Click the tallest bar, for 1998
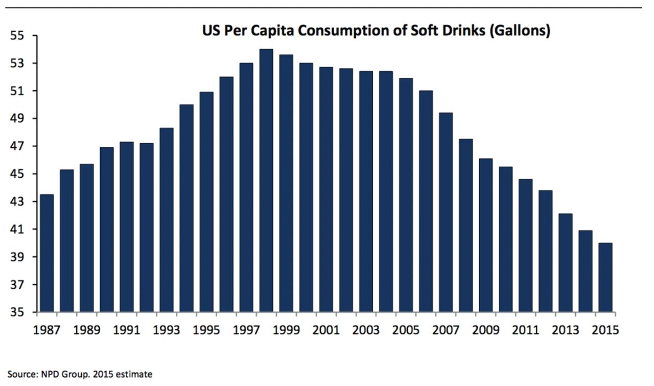tap(266, 180)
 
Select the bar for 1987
tap(46, 253)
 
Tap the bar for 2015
tap(605, 277)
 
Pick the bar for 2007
tap(446, 213)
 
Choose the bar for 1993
tap(167, 220)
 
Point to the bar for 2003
tap(366, 192)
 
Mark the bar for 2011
tap(526, 246)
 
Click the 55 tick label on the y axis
tap(17, 36)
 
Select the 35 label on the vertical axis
tap(17, 312)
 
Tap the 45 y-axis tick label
tap(17, 174)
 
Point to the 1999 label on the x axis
tap(286, 330)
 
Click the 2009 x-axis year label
tap(486, 330)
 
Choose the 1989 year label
tap(87, 330)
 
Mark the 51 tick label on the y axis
tap(17, 91)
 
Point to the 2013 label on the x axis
tap(566, 330)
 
